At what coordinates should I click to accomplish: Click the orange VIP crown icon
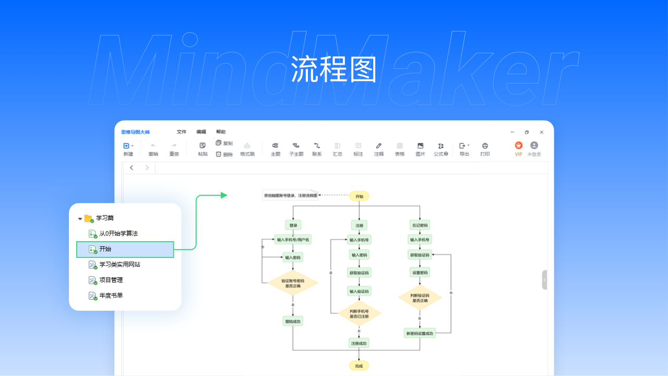(x=518, y=146)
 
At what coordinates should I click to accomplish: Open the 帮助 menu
(x=221, y=132)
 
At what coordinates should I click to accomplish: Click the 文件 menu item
(x=181, y=132)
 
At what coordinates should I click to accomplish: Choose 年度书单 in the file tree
(x=111, y=296)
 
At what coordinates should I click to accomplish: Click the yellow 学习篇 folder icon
(x=88, y=218)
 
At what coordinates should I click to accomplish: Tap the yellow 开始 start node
(x=359, y=196)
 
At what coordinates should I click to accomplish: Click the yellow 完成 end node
(x=359, y=366)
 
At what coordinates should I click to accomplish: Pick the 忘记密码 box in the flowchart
(x=420, y=225)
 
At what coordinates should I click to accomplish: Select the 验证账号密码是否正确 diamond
(x=293, y=283)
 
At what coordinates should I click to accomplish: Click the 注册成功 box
(x=359, y=343)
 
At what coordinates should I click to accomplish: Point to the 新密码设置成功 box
(x=420, y=333)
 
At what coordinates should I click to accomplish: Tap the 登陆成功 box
(x=293, y=321)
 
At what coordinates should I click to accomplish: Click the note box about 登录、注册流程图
(x=290, y=196)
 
